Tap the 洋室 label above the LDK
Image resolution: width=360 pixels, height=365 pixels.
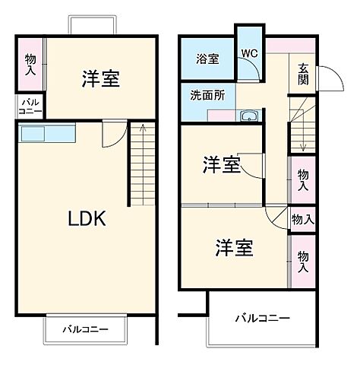[100, 79]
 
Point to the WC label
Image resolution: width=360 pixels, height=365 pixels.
[249, 53]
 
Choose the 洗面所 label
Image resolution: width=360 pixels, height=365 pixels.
[206, 97]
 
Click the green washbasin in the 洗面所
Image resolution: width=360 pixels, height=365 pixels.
[248, 116]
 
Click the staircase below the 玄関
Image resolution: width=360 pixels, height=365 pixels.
[301, 135]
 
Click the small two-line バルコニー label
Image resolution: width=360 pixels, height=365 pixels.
[31, 106]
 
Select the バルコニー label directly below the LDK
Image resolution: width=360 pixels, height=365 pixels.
[85, 330]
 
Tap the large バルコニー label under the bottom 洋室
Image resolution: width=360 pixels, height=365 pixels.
[261, 317]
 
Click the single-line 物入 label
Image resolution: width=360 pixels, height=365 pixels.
[302, 219]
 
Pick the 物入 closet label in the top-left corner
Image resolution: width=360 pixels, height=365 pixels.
[30, 64]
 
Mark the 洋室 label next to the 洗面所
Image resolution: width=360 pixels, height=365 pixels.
[222, 164]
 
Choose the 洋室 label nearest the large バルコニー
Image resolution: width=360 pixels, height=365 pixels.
[233, 248]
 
